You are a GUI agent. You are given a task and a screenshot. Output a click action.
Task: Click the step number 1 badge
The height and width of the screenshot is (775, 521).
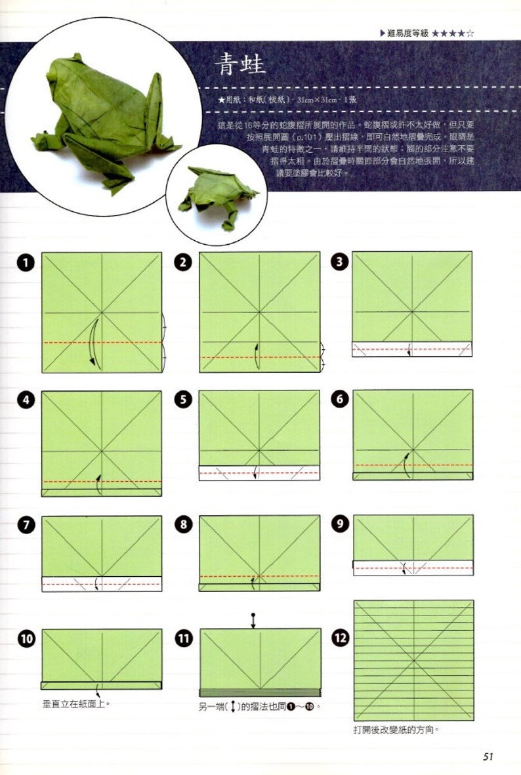tap(26, 263)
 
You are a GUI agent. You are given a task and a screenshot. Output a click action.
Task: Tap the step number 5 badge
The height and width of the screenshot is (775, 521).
tap(183, 400)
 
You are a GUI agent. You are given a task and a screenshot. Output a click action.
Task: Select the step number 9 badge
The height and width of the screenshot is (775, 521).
tap(339, 525)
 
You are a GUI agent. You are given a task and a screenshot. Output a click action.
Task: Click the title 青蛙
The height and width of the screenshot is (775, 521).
tap(243, 66)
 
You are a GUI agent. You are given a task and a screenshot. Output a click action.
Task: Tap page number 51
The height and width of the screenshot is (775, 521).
tap(488, 757)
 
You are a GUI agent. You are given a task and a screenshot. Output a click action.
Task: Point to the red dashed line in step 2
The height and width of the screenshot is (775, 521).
tap(260, 357)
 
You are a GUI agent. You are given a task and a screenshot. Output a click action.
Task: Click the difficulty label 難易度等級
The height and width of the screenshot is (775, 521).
tap(407, 33)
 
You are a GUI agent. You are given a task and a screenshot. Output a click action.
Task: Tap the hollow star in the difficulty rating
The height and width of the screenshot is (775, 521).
tap(469, 33)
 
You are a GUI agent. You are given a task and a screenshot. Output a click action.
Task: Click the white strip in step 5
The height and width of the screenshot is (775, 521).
tap(259, 472)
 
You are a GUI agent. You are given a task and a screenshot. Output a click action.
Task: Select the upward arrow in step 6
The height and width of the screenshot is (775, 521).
tap(405, 464)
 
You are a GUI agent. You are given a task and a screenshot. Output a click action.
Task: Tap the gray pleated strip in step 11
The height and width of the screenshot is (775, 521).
tap(260, 693)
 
